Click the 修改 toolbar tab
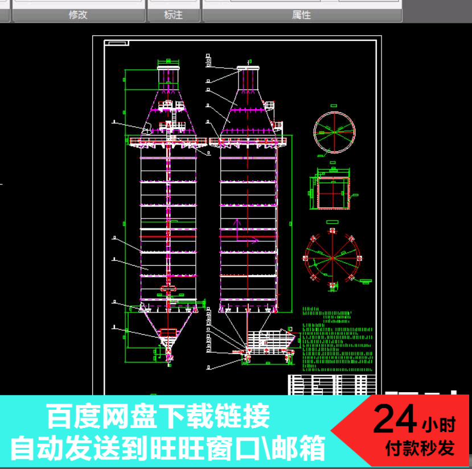pos(78,15)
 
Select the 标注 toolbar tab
pos(173,15)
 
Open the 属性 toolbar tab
pos(301,15)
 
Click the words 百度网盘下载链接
pos(158,417)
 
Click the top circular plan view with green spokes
pos(334,132)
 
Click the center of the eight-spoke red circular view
pos(332,258)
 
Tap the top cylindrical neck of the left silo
pos(169,76)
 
